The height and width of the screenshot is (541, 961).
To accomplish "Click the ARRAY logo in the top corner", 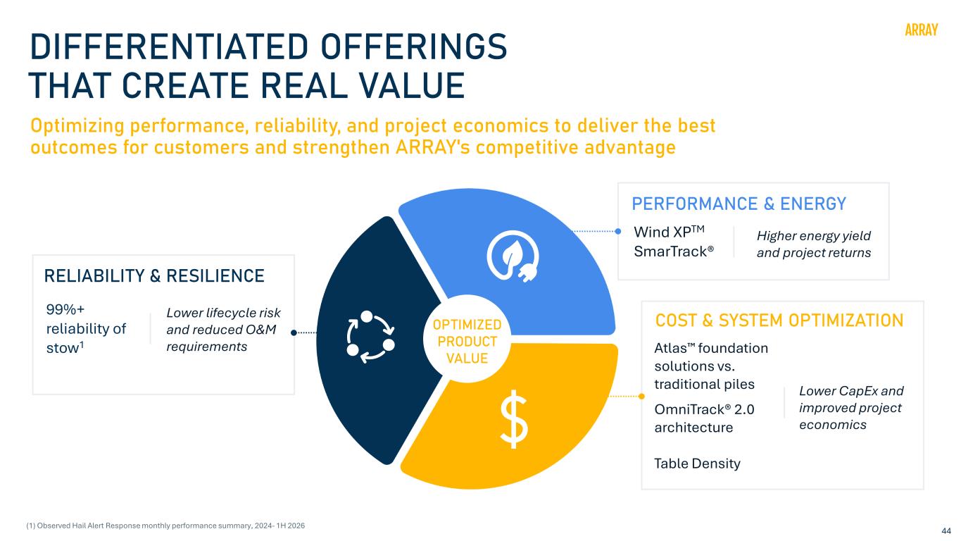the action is (921, 30).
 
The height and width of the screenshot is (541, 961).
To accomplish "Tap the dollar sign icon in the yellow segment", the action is (514, 420).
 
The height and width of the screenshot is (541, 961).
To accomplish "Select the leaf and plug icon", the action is (513, 256).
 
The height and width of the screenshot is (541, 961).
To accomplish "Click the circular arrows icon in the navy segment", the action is (370, 336).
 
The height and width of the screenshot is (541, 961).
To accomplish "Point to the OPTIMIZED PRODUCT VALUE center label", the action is (467, 342).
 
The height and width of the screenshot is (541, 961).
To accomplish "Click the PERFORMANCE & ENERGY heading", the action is (739, 204).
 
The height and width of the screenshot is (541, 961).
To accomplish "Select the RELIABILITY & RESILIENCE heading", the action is (154, 275).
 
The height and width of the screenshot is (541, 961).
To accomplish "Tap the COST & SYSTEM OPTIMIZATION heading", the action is (779, 321).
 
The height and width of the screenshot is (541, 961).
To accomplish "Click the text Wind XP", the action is (669, 232).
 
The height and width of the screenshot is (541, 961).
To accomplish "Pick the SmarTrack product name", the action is (674, 251).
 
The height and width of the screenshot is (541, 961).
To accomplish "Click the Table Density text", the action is (697, 464).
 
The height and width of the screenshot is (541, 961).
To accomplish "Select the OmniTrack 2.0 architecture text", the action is (704, 418).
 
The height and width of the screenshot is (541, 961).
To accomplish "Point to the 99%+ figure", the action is (65, 309).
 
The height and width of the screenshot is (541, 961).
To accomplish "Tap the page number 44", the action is (946, 531).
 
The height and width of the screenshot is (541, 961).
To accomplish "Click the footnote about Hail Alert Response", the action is (165, 526).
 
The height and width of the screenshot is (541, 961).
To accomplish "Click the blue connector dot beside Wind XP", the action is (618, 232).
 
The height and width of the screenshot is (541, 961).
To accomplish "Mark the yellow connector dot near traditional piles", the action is (641, 396).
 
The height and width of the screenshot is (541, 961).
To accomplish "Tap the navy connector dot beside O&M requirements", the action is (294, 332).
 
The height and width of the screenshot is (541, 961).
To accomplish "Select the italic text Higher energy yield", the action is (813, 236).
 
